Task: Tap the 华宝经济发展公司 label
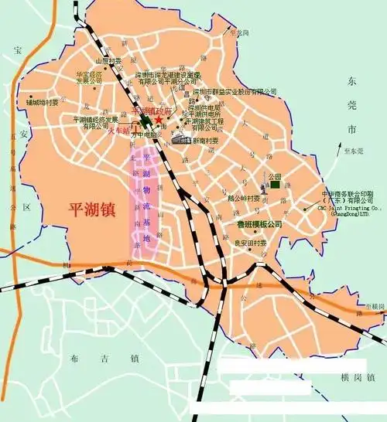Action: (89, 77)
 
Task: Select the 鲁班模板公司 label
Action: (259, 224)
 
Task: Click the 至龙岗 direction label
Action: (237, 32)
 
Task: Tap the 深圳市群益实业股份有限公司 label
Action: (235, 90)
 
